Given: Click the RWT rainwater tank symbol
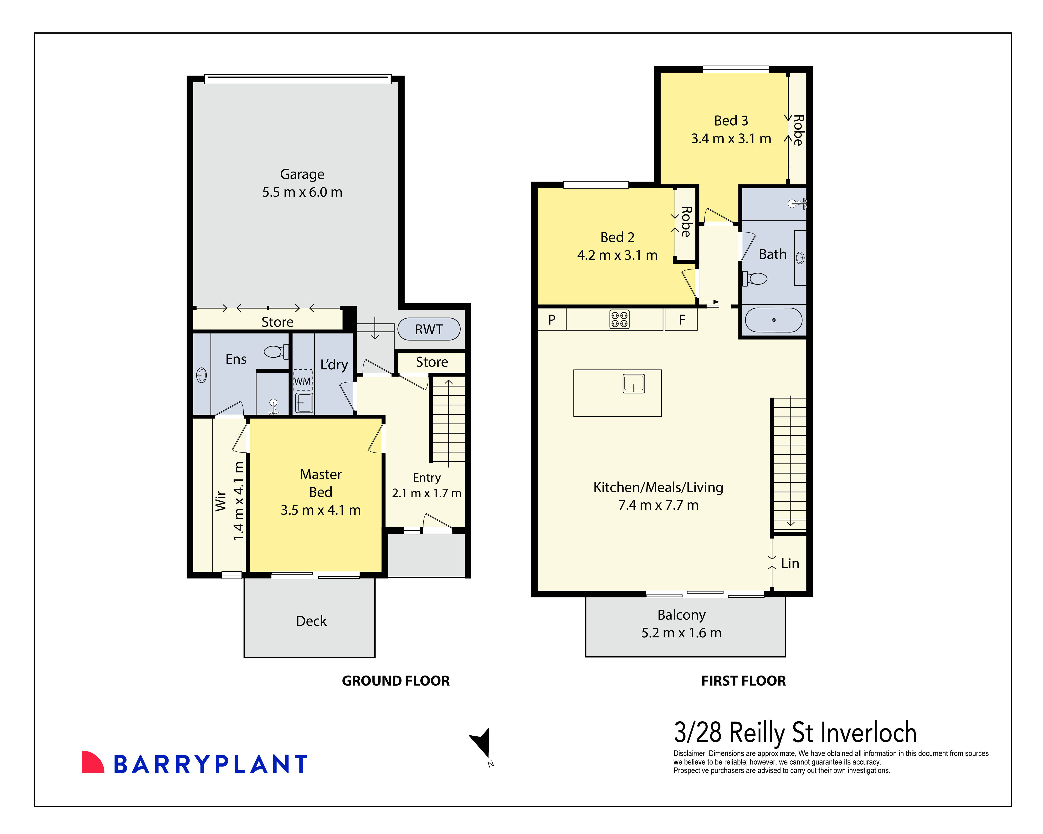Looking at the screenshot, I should [x=429, y=329].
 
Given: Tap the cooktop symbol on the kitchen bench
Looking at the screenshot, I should [x=619, y=319].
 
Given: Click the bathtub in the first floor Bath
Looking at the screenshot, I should [x=773, y=320].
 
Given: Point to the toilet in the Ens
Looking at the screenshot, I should [x=276, y=351].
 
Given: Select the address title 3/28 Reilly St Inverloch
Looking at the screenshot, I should [x=795, y=732].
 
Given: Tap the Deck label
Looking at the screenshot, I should [x=311, y=621].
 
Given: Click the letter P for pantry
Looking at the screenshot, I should [x=551, y=320].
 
